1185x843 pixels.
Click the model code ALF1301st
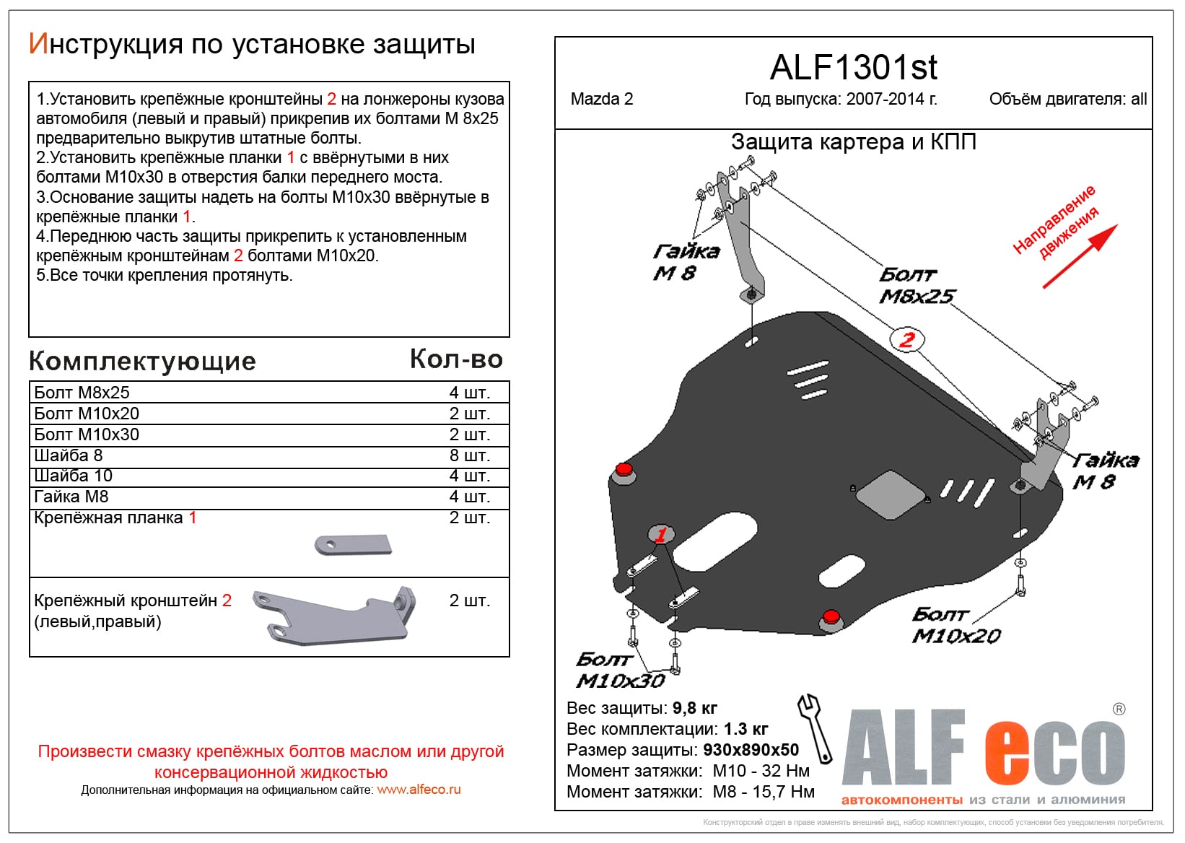pyautogui.click(x=853, y=68)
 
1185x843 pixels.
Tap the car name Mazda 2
pyautogui.click(x=601, y=100)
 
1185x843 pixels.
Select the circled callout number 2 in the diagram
pyautogui.click(x=906, y=339)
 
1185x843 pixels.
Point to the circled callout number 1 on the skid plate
pyautogui.click(x=660, y=535)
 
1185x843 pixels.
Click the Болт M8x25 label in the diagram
pyautogui.click(x=915, y=286)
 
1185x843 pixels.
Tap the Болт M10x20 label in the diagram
pyautogui.click(x=956, y=625)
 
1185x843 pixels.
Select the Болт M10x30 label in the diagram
pyautogui.click(x=619, y=671)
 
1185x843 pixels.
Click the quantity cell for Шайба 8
pyautogui.click(x=469, y=455)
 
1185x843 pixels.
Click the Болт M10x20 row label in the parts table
pyautogui.click(x=87, y=414)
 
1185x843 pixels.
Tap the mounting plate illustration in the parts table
pyautogui.click(x=353, y=544)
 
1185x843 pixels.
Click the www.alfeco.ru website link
pyautogui.click(x=419, y=790)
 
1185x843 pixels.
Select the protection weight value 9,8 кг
pyautogui.click(x=694, y=708)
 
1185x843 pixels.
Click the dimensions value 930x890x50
pyautogui.click(x=751, y=750)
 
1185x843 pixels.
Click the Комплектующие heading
pyautogui.click(x=142, y=361)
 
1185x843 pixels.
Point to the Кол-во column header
pyautogui.click(x=456, y=359)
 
